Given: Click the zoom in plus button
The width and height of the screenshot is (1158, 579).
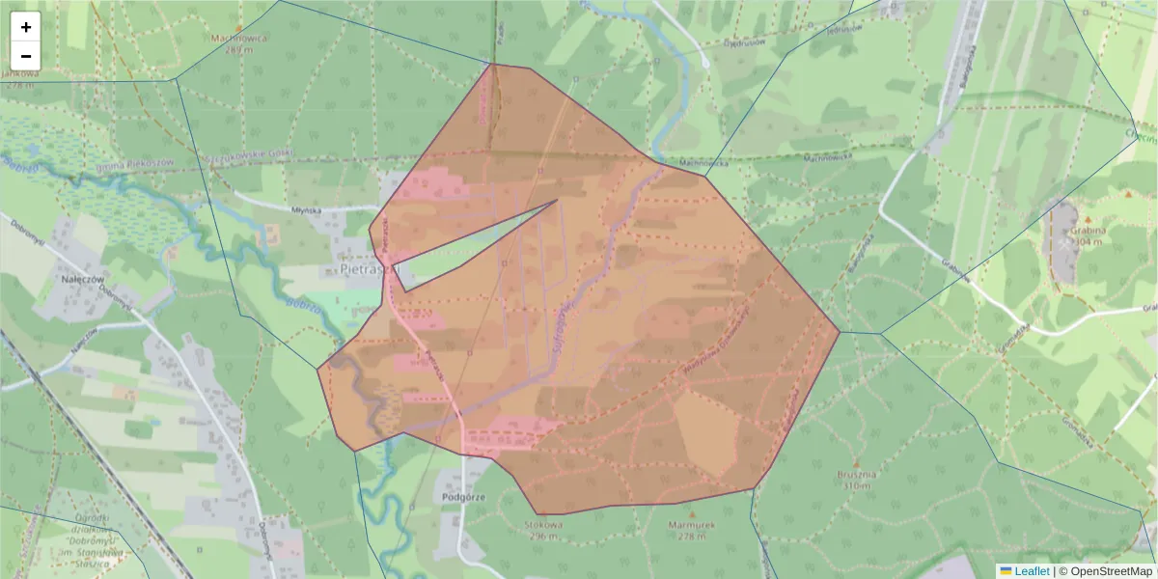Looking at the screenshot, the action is (26, 27).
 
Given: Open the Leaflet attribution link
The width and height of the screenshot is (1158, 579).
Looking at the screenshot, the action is (1032, 570).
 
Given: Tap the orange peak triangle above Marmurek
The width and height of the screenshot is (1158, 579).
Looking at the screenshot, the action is (691, 512).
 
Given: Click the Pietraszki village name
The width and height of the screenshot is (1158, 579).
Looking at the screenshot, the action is (363, 270).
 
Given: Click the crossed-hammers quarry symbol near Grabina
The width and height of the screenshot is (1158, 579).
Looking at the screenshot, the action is (1064, 244).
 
